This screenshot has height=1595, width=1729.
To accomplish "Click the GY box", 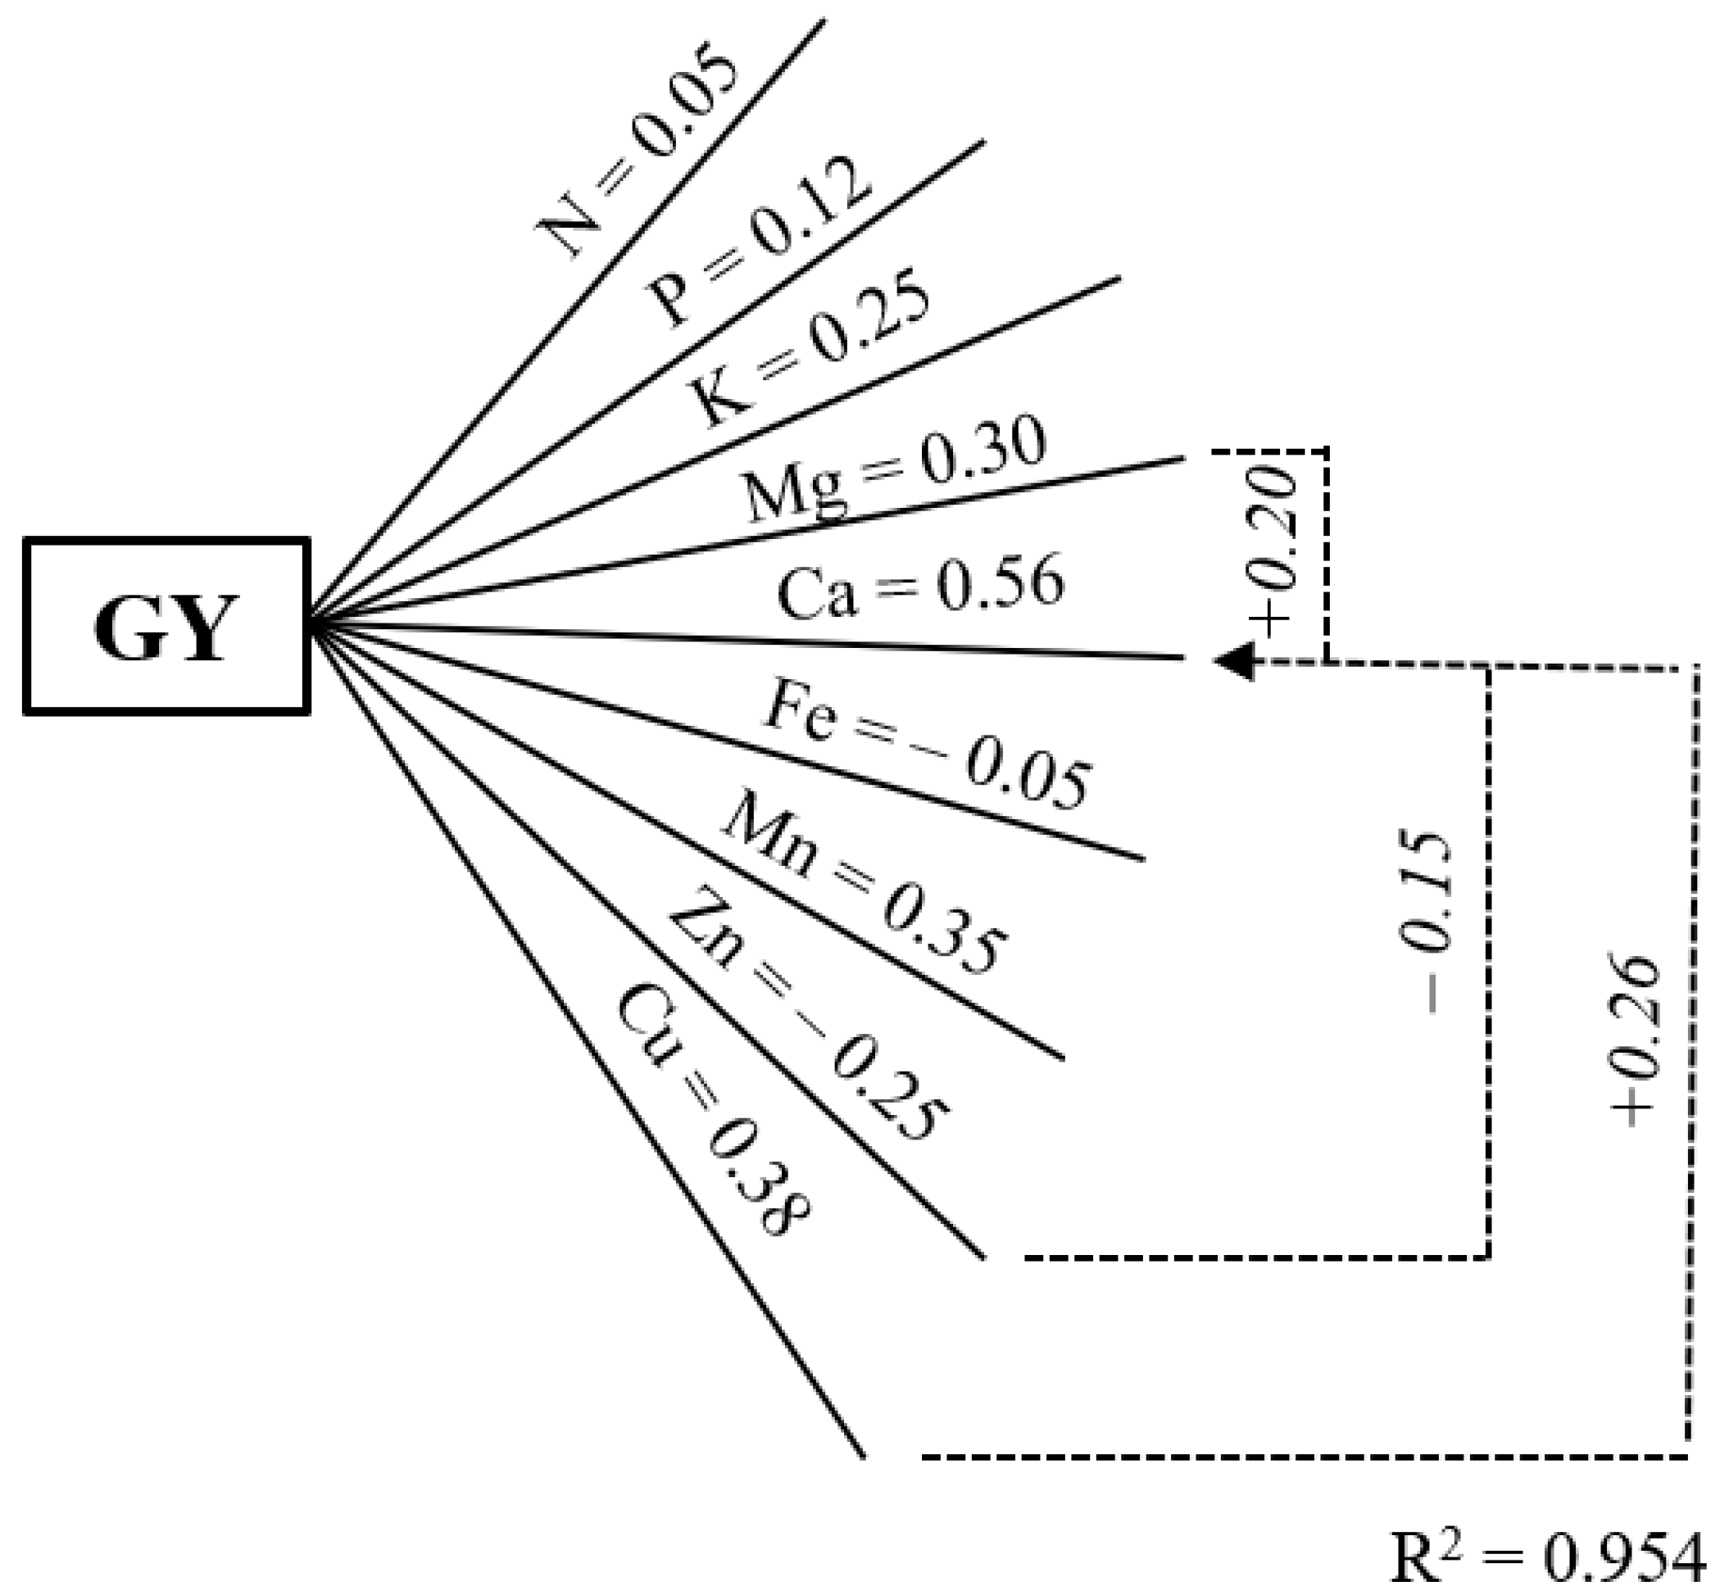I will coord(166,627).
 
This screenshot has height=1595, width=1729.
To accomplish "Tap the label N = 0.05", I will coord(637,156).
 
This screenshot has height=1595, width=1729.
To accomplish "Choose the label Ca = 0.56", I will coord(920,587).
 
